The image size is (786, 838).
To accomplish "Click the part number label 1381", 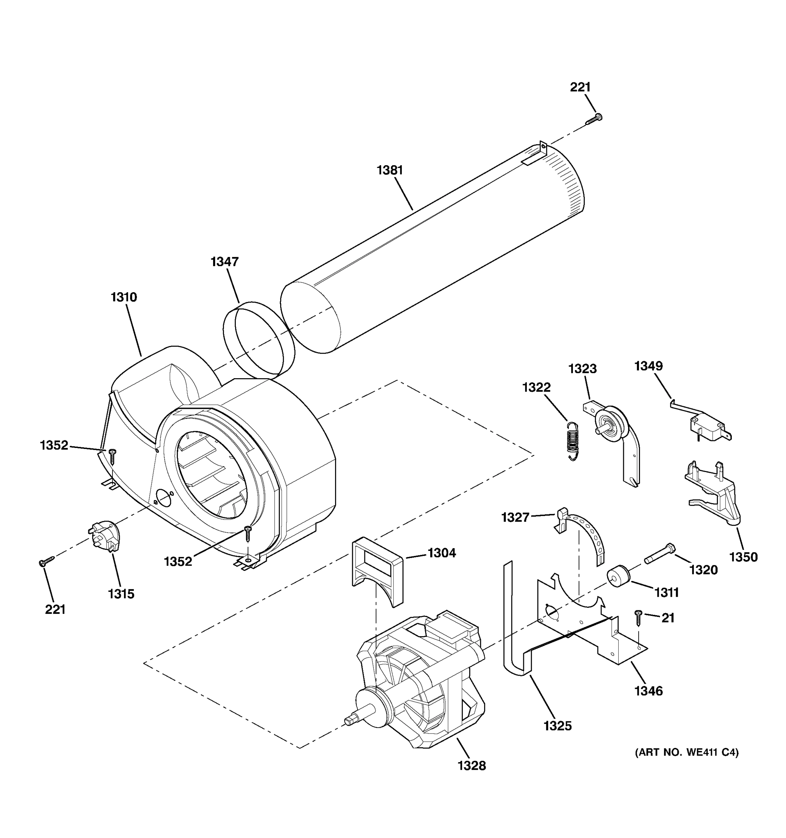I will (x=390, y=170).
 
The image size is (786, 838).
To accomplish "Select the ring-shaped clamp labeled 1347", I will (x=259, y=340).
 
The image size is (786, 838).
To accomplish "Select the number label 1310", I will (x=124, y=297).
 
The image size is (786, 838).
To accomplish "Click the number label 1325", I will (x=558, y=726).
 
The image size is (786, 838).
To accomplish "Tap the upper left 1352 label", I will (x=54, y=445).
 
